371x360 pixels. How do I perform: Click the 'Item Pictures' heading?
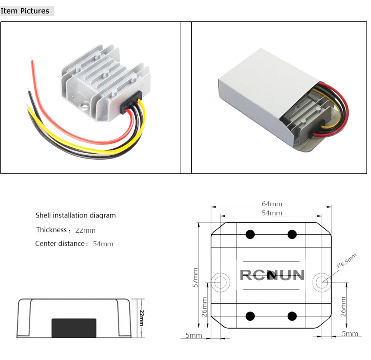[25, 11]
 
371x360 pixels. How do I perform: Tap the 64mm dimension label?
[272, 204]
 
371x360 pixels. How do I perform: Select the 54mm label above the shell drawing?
[272, 213]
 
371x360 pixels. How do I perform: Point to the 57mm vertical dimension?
[195, 278]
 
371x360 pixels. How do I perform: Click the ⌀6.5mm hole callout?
[347, 261]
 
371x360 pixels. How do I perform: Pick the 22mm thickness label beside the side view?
[141, 318]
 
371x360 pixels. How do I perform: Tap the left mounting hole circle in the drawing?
[220, 273]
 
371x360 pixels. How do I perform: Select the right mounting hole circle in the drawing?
[322, 273]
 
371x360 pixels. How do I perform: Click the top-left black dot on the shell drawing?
[250, 234]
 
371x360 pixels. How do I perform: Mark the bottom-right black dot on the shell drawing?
[292, 316]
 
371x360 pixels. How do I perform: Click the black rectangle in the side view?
[74, 328]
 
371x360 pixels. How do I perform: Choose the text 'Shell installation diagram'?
[76, 215]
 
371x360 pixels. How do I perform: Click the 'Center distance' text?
[60, 243]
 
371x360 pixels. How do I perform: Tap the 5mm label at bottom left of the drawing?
[194, 335]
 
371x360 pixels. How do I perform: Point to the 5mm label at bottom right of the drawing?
[350, 334]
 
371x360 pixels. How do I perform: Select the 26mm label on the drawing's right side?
[343, 306]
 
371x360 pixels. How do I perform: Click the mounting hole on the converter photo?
[85, 104]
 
